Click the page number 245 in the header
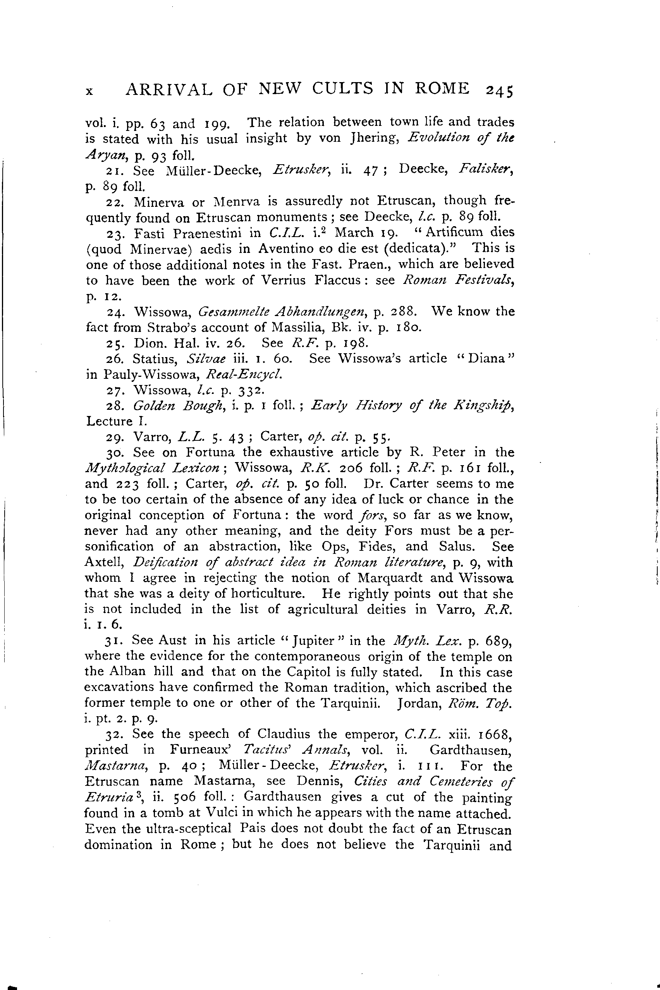(499, 91)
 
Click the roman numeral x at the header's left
(89, 91)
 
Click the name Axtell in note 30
(103, 562)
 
